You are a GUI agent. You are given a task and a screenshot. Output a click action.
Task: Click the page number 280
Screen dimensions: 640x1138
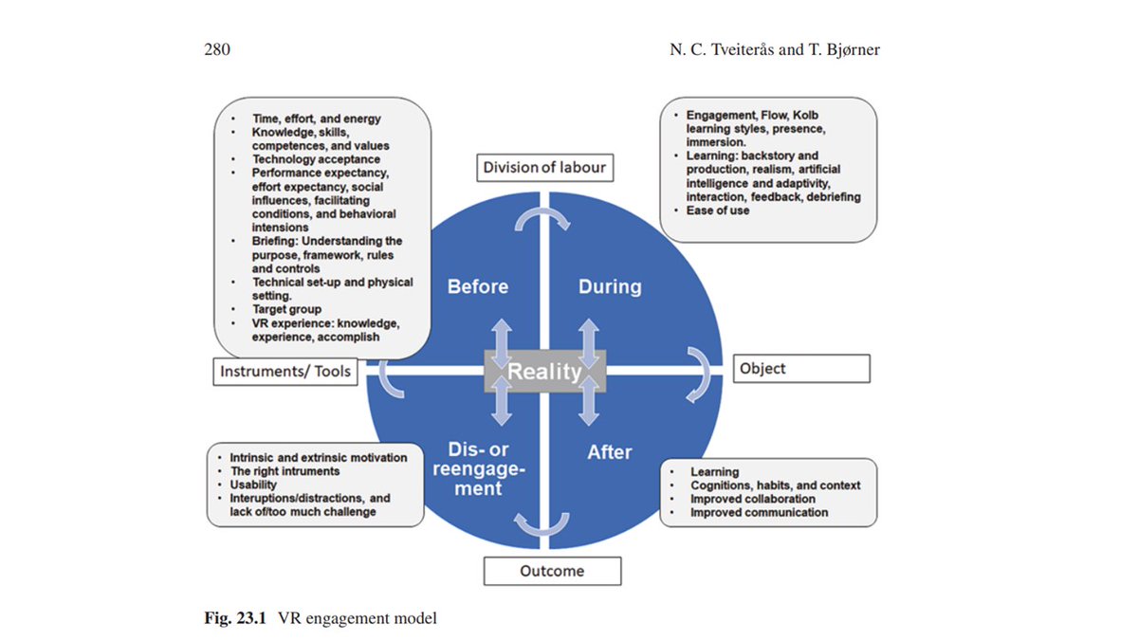pyautogui.click(x=218, y=49)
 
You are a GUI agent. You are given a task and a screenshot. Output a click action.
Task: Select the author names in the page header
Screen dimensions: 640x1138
pyautogui.click(x=774, y=49)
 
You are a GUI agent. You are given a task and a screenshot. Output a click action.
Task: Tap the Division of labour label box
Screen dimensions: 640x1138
pyautogui.click(x=543, y=168)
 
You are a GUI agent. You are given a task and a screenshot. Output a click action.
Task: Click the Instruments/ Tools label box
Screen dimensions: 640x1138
pyautogui.click(x=285, y=372)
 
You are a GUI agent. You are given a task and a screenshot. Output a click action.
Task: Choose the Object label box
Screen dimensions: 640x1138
pyautogui.click(x=800, y=368)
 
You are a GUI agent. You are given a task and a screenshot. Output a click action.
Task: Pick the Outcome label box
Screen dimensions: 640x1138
pyautogui.click(x=552, y=571)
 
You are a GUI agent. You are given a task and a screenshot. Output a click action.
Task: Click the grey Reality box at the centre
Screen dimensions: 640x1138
pyautogui.click(x=544, y=371)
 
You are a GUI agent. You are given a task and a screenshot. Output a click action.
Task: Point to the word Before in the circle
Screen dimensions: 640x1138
pyautogui.click(x=478, y=286)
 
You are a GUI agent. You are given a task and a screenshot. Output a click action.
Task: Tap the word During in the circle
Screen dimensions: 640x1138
pyautogui.click(x=610, y=286)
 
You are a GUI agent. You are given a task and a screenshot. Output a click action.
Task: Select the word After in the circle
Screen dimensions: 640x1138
pyautogui.click(x=609, y=452)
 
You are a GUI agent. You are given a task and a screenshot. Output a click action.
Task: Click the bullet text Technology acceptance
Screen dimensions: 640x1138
pyautogui.click(x=316, y=160)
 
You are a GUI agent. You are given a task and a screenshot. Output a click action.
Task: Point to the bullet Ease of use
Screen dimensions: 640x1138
pyautogui.click(x=718, y=210)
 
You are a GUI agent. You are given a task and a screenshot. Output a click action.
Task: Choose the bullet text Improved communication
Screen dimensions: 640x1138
pyautogui.click(x=759, y=512)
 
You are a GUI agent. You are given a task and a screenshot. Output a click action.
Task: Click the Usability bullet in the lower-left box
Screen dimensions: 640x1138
pyautogui.click(x=254, y=485)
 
